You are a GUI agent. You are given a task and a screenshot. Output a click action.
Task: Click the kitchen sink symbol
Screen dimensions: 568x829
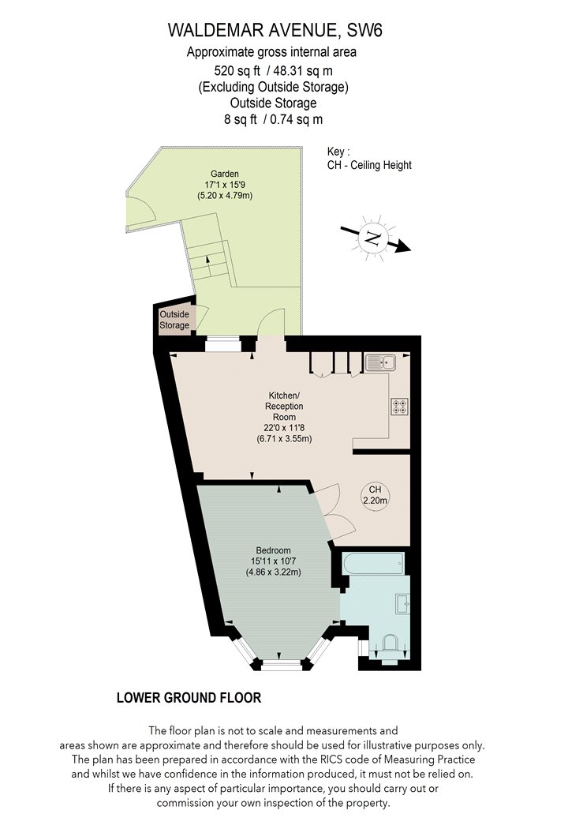pyautogui.click(x=380, y=362)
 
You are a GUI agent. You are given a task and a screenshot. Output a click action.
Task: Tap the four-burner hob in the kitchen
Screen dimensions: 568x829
pyautogui.click(x=399, y=407)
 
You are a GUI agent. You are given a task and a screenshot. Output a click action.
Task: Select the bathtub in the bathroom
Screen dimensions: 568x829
pyautogui.click(x=374, y=565)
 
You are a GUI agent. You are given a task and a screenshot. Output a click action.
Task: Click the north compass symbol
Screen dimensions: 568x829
pyautogui.click(x=374, y=238)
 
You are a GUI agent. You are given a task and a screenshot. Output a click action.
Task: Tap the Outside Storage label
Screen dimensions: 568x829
pyautogui.click(x=174, y=320)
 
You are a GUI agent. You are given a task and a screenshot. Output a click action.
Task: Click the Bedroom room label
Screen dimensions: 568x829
pyautogui.click(x=273, y=550)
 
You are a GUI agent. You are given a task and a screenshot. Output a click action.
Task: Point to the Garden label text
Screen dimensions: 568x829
pyautogui.click(x=225, y=174)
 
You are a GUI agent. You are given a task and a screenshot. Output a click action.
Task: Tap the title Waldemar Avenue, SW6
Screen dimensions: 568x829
pyautogui.click(x=275, y=30)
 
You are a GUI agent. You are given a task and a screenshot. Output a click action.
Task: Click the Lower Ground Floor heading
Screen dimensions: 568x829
pyautogui.click(x=189, y=698)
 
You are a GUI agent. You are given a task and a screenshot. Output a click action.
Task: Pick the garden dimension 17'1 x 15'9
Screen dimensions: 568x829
pyautogui.click(x=225, y=185)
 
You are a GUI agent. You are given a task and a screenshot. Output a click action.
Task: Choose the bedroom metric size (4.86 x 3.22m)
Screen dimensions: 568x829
pyautogui.click(x=273, y=572)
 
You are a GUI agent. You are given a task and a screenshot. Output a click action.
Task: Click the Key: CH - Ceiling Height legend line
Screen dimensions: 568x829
pyautogui.click(x=369, y=165)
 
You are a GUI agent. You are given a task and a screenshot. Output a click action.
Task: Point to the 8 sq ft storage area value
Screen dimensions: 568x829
pyautogui.click(x=241, y=119)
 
